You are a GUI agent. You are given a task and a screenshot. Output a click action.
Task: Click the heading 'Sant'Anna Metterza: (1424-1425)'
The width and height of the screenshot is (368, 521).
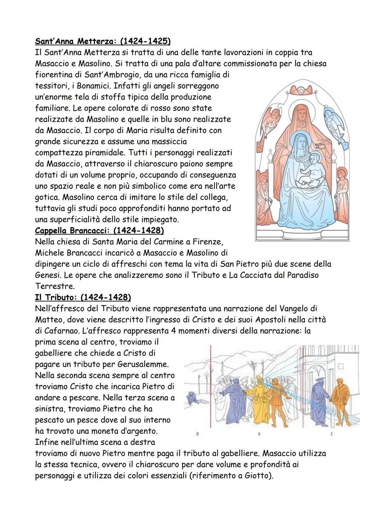pyautogui.click(x=103, y=41)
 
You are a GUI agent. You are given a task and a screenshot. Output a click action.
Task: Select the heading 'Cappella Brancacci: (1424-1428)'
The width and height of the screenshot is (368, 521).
pyautogui.click(x=99, y=231)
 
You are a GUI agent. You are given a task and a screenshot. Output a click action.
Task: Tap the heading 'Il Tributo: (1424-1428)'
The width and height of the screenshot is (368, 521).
pyautogui.click(x=83, y=298)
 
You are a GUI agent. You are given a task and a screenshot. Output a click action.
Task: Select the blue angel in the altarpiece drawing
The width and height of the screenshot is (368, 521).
pyautogui.click(x=333, y=121)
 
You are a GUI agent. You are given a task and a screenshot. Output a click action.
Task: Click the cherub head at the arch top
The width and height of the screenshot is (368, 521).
pyautogui.click(x=301, y=89)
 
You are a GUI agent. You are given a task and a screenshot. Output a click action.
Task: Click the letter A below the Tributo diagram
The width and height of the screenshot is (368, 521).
pyautogui.click(x=259, y=434)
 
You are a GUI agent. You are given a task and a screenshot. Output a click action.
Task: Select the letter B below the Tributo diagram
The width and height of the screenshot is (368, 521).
pyautogui.click(x=198, y=434)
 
